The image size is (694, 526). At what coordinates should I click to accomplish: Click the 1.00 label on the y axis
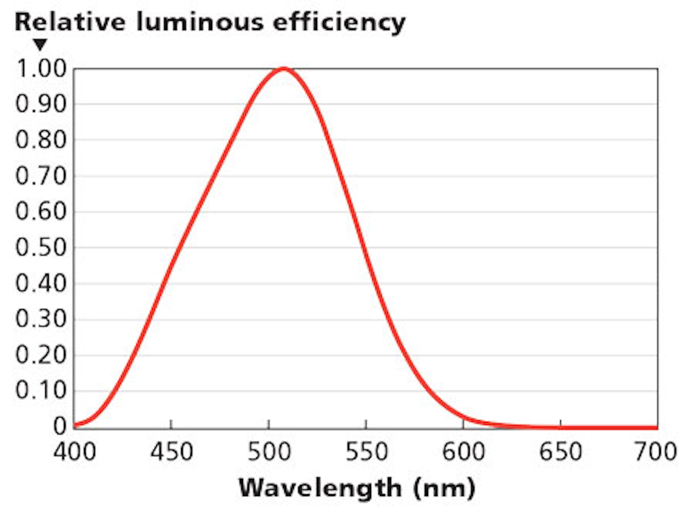point(41,68)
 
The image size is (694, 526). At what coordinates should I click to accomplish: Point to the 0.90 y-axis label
point(41,104)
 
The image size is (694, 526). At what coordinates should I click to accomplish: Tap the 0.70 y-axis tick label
point(41,176)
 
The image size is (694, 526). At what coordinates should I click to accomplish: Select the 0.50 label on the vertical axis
point(41,247)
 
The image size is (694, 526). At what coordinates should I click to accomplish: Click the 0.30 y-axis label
point(41,319)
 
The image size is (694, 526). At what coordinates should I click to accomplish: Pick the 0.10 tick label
point(41,390)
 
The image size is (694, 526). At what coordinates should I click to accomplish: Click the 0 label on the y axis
point(60,426)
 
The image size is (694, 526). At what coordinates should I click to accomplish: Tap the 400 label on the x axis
point(75,452)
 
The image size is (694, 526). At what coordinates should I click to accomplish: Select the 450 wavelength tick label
point(172,452)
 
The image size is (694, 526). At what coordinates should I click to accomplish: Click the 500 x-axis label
point(269,452)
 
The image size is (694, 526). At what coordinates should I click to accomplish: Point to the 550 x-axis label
point(366,452)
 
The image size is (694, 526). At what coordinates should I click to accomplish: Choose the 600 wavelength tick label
point(464,452)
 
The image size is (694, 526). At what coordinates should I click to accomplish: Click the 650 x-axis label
point(561,452)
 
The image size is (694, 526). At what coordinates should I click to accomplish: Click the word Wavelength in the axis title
point(320,488)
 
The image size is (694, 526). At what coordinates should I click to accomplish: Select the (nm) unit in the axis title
point(444,488)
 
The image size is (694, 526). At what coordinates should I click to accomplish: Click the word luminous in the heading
point(200,22)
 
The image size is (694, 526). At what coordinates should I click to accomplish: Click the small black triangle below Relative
point(40,44)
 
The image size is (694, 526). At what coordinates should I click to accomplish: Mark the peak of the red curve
point(284,69)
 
